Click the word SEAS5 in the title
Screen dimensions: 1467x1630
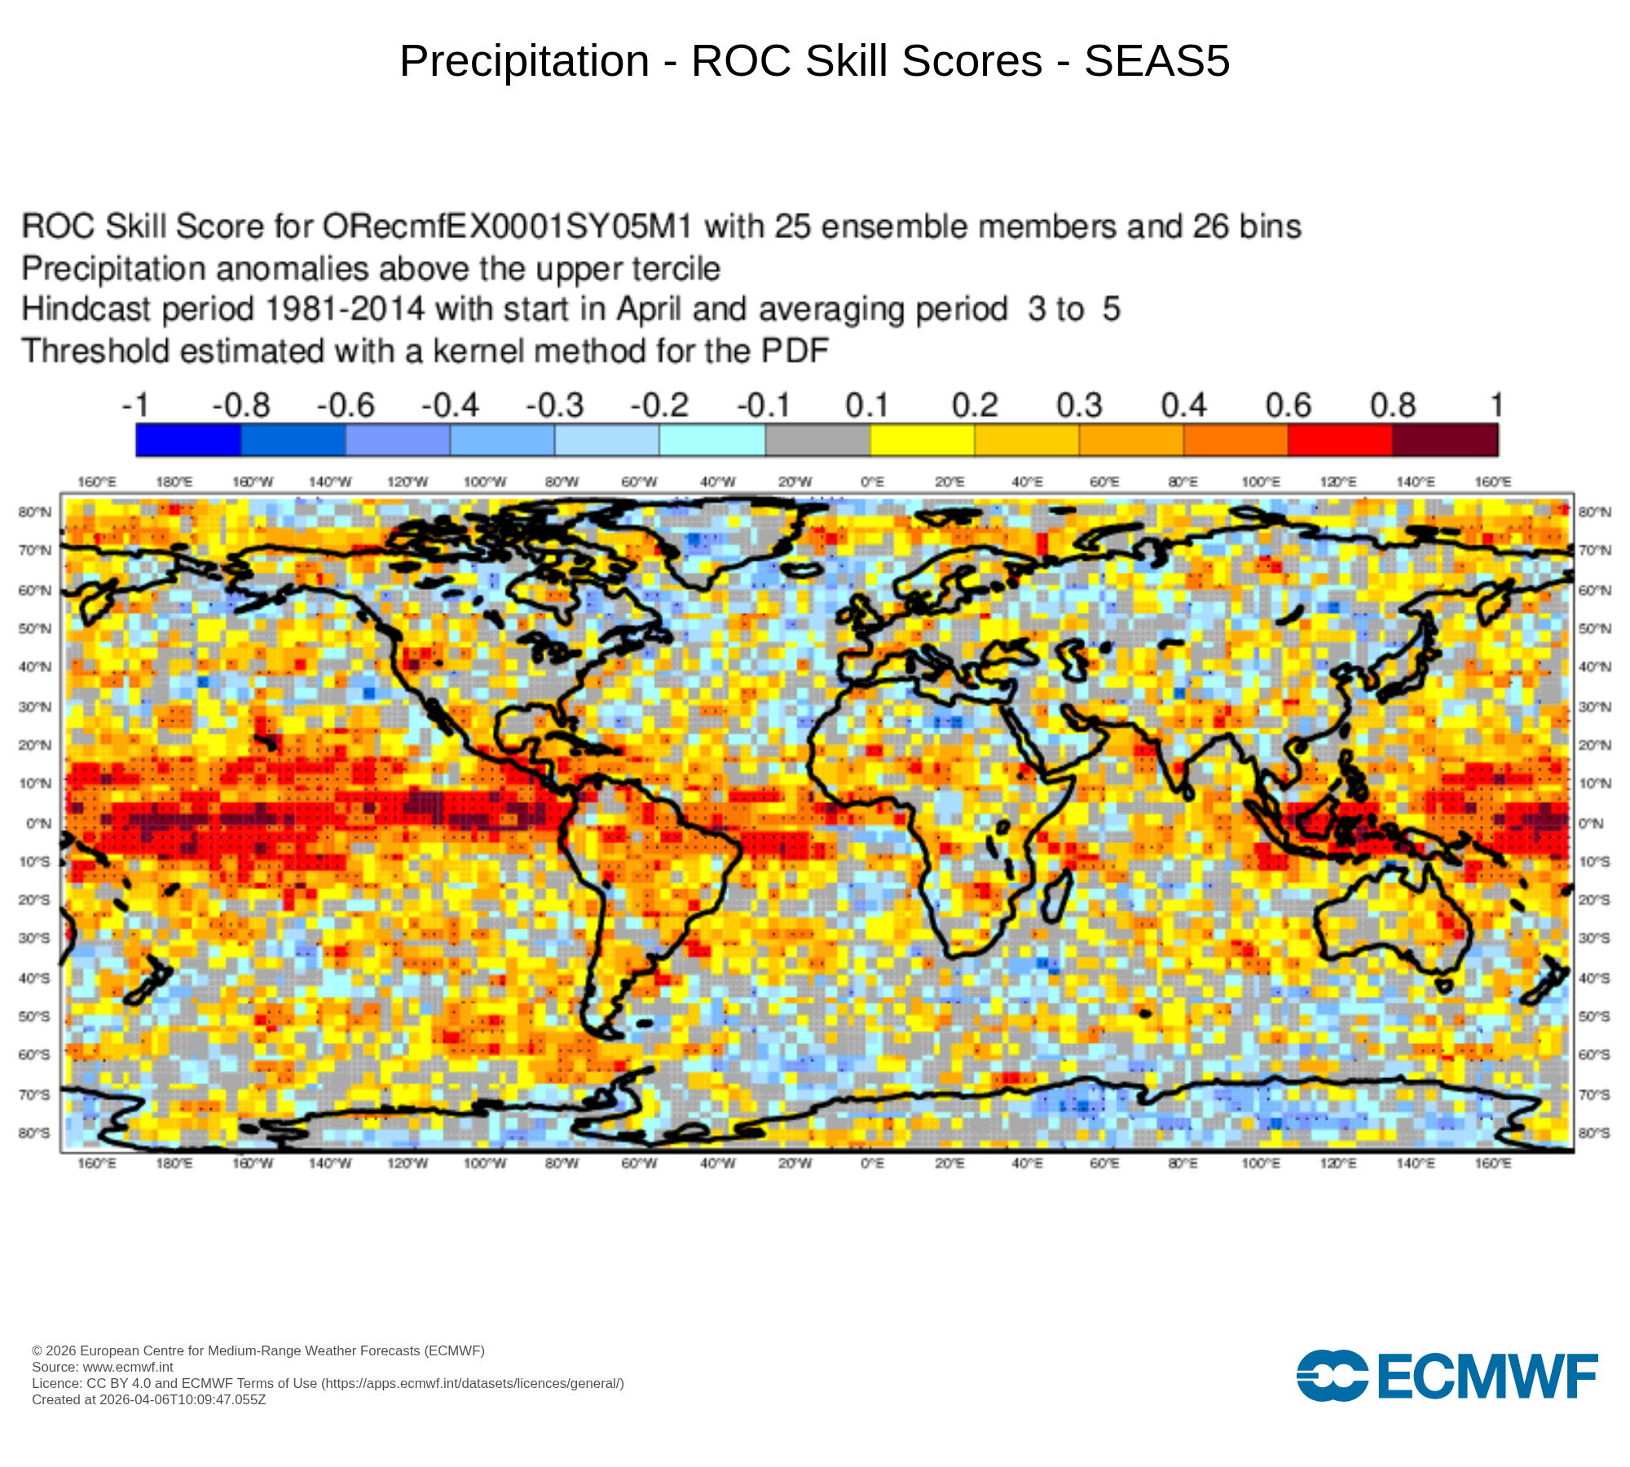tap(1156, 61)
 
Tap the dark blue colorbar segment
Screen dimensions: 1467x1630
tap(188, 440)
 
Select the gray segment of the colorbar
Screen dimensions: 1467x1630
tap(817, 440)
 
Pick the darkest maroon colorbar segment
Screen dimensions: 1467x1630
tap(1445, 440)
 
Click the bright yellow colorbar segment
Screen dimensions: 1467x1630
tap(923, 440)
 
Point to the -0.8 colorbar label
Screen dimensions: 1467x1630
tap(240, 405)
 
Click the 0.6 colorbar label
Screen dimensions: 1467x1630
tap(1288, 405)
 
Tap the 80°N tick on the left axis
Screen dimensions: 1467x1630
tap(34, 512)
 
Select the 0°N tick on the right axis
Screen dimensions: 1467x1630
tap(1591, 823)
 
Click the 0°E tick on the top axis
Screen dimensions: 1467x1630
tap(872, 482)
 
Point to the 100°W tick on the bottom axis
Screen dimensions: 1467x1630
tap(485, 1163)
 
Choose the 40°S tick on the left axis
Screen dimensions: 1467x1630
tap(34, 978)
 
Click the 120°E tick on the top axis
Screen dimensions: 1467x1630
tap(1337, 482)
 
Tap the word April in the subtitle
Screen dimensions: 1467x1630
tap(648, 310)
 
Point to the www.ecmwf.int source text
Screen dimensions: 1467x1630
tap(128, 1367)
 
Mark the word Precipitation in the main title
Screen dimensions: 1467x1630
tap(524, 61)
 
